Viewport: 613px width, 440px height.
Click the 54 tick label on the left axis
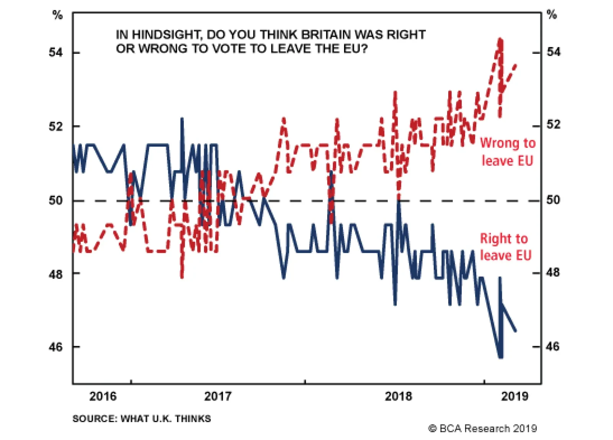pyautogui.click(x=56, y=52)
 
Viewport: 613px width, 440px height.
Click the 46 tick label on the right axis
pyautogui.click(x=552, y=346)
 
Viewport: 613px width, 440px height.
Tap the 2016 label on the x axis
pyautogui.click(x=103, y=396)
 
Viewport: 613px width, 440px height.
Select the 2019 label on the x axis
pyautogui.click(x=515, y=396)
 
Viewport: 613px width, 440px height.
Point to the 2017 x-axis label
pyautogui.click(x=218, y=396)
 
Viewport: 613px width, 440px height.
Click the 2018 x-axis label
pyautogui.click(x=398, y=396)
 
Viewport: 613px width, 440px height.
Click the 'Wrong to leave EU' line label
pyautogui.click(x=507, y=152)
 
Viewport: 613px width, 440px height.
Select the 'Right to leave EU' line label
pyautogui.click(x=505, y=247)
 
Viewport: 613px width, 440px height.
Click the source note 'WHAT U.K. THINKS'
pyautogui.click(x=166, y=419)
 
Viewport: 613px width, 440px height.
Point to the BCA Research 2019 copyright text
pyautogui.click(x=482, y=429)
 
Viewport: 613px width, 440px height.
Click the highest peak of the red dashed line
pyautogui.click(x=500, y=39)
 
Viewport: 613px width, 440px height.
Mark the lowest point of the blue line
pyautogui.click(x=500, y=357)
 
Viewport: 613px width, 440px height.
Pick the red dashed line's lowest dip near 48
pyautogui.click(x=182, y=276)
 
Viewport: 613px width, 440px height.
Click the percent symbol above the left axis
pyautogui.click(x=57, y=15)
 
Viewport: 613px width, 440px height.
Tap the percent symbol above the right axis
pyautogui.click(x=551, y=15)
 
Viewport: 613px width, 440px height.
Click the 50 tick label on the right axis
pyautogui.click(x=553, y=200)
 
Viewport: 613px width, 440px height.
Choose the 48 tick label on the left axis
pyautogui.click(x=56, y=274)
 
